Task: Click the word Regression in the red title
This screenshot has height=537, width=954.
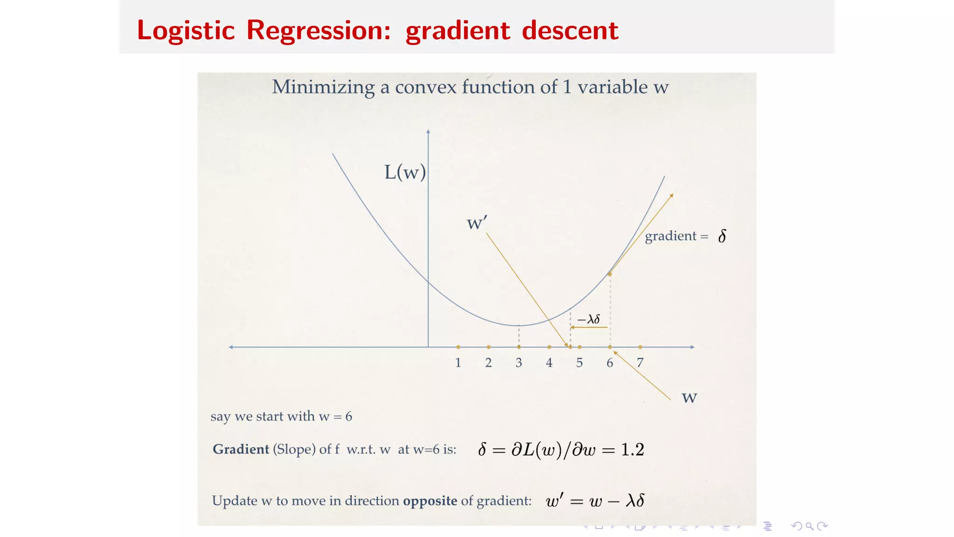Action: [318, 31]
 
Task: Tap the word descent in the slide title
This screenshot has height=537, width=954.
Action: [570, 31]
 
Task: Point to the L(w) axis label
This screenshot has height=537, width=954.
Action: [405, 172]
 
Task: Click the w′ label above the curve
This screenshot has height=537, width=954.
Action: [477, 222]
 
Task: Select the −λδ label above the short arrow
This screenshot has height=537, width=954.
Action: [589, 319]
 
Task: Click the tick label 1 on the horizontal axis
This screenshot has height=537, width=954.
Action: [458, 363]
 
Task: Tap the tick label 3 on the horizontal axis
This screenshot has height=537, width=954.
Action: [518, 363]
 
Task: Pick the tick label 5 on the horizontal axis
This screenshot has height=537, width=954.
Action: [579, 363]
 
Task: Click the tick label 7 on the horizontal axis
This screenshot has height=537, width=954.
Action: [640, 363]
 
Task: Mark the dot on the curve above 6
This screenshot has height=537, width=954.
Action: [610, 274]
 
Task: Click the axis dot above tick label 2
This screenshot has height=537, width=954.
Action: [488, 347]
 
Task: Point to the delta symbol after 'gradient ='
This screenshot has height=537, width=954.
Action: [722, 236]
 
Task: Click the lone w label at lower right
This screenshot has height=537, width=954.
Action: [689, 398]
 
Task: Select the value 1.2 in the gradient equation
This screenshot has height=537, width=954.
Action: [633, 449]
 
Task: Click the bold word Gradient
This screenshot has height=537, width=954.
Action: [241, 449]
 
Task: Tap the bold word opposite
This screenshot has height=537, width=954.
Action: [430, 501]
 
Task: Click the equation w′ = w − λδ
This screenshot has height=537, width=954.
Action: [595, 501]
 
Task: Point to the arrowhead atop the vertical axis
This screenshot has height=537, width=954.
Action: [428, 132]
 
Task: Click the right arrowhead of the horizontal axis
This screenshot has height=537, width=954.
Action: [693, 347]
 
